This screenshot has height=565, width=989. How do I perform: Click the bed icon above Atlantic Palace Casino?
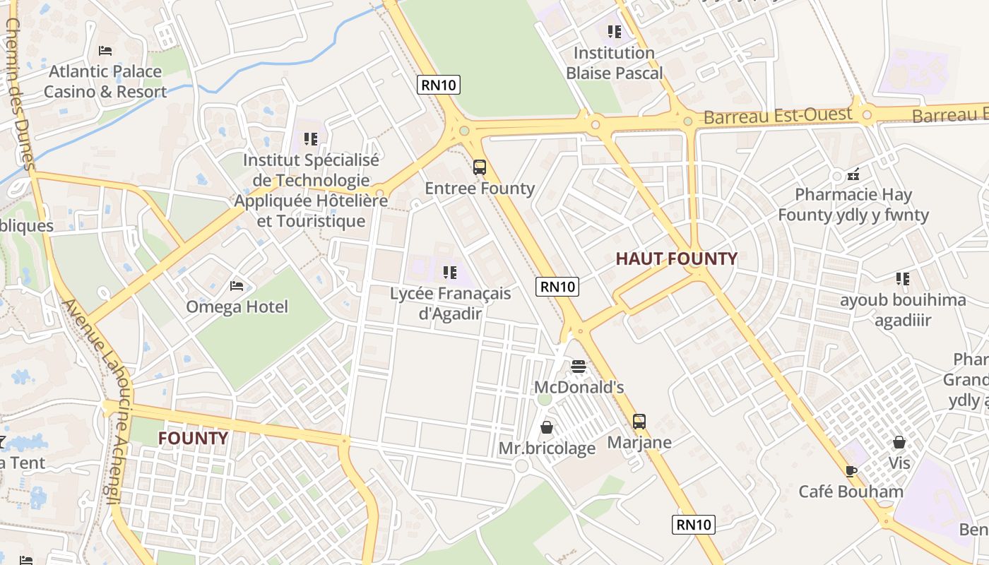[x=105, y=50]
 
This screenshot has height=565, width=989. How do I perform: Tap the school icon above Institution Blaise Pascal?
[x=615, y=32]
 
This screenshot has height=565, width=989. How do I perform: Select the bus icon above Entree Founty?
[x=480, y=167]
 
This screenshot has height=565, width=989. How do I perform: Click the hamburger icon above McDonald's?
[x=579, y=366]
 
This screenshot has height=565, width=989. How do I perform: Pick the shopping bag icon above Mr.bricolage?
[x=547, y=427]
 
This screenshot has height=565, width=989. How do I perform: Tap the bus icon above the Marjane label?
[x=639, y=422]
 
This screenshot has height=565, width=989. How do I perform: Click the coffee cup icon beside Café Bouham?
[x=851, y=471]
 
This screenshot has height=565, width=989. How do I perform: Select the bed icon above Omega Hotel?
[x=237, y=286]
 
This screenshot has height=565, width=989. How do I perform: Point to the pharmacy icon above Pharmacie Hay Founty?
[x=853, y=173]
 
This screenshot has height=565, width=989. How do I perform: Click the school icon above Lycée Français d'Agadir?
[x=449, y=272]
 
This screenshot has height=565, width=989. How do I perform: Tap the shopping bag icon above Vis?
[x=899, y=442]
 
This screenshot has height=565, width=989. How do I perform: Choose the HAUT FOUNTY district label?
[x=676, y=258]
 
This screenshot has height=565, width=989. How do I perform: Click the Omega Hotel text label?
[x=237, y=307]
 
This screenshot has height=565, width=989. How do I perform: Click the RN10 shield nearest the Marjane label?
[x=693, y=524]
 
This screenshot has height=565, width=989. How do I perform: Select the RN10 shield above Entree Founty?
[x=439, y=85]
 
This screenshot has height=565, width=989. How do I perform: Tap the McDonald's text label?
[x=579, y=387]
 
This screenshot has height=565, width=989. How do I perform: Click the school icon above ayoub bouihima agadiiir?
[x=902, y=279]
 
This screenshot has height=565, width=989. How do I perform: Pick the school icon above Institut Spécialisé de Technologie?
[x=311, y=139]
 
